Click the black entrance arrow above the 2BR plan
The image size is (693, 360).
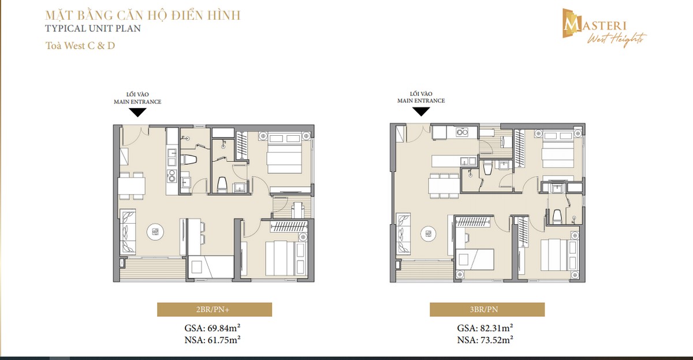tap(137, 113)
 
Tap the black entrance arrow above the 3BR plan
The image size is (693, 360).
tap(420, 112)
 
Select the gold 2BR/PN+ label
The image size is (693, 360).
tap(206, 310)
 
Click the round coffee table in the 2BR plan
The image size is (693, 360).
tap(155, 232)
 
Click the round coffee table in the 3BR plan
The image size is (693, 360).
tap(429, 232)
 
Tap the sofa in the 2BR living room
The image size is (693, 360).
tap(128, 233)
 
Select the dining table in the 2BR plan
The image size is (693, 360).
tap(132, 185)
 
